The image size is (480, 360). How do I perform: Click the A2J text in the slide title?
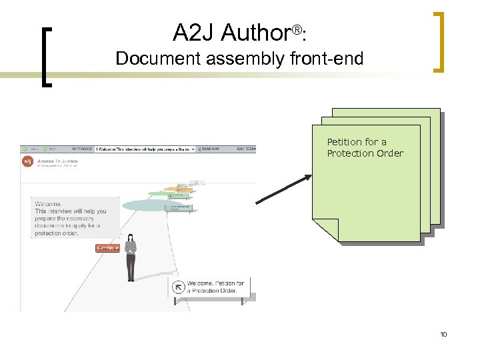(x=194, y=33)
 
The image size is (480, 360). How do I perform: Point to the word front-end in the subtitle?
(x=327, y=59)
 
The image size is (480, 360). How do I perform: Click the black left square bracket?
(x=46, y=57)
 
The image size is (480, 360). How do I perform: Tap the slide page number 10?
(x=443, y=334)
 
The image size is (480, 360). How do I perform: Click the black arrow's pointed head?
(x=307, y=177)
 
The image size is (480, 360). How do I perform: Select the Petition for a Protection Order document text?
(x=365, y=147)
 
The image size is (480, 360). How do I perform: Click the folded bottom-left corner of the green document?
(x=325, y=230)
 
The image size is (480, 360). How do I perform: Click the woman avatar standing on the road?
(x=131, y=257)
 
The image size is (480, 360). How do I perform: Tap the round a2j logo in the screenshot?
(x=27, y=162)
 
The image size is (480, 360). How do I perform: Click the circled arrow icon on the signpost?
(x=178, y=287)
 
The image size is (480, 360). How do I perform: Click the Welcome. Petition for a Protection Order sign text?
(x=215, y=287)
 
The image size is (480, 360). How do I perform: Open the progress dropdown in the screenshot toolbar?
(x=193, y=149)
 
